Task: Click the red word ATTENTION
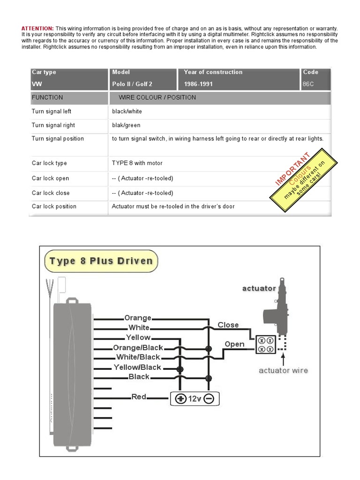coord(37,29)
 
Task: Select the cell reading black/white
coord(127,112)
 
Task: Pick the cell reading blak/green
coord(126,125)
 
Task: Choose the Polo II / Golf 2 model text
coord(132,84)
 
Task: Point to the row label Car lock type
coord(49,163)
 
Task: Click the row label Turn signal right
coord(53,125)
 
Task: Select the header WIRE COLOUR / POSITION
coord(157,97)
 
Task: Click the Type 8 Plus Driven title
coord(101,261)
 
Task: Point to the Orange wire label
coord(138,318)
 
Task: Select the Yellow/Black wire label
coord(137,367)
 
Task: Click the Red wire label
coord(139,397)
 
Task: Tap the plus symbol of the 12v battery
coord(180,398)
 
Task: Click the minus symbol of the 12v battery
coord(209,398)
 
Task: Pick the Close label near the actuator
coord(228,325)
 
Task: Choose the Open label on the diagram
coord(234,344)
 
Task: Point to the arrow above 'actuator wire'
coord(283,359)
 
